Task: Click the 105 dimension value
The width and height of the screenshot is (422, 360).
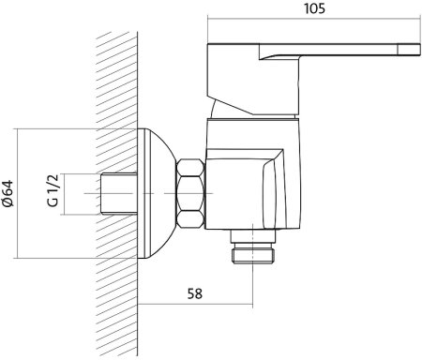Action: tap(314, 8)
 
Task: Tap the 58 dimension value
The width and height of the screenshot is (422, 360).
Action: tap(195, 293)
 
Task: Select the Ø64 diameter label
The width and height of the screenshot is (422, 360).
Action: tap(8, 193)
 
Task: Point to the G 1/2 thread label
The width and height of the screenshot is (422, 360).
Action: tap(53, 190)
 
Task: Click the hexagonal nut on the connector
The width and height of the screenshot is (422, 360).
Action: tap(190, 193)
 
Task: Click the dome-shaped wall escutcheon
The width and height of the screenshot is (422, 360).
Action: tap(156, 193)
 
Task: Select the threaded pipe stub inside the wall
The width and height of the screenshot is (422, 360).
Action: tap(119, 194)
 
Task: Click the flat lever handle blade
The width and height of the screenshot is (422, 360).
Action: tap(339, 51)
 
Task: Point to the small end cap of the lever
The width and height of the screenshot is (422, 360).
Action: tap(409, 50)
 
